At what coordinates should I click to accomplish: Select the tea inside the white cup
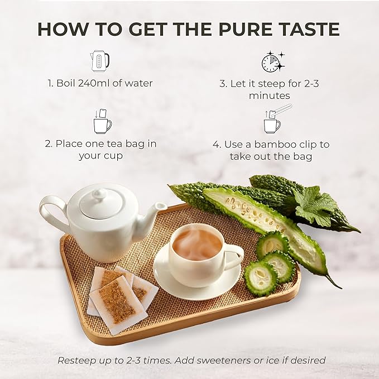tap(197, 244)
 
